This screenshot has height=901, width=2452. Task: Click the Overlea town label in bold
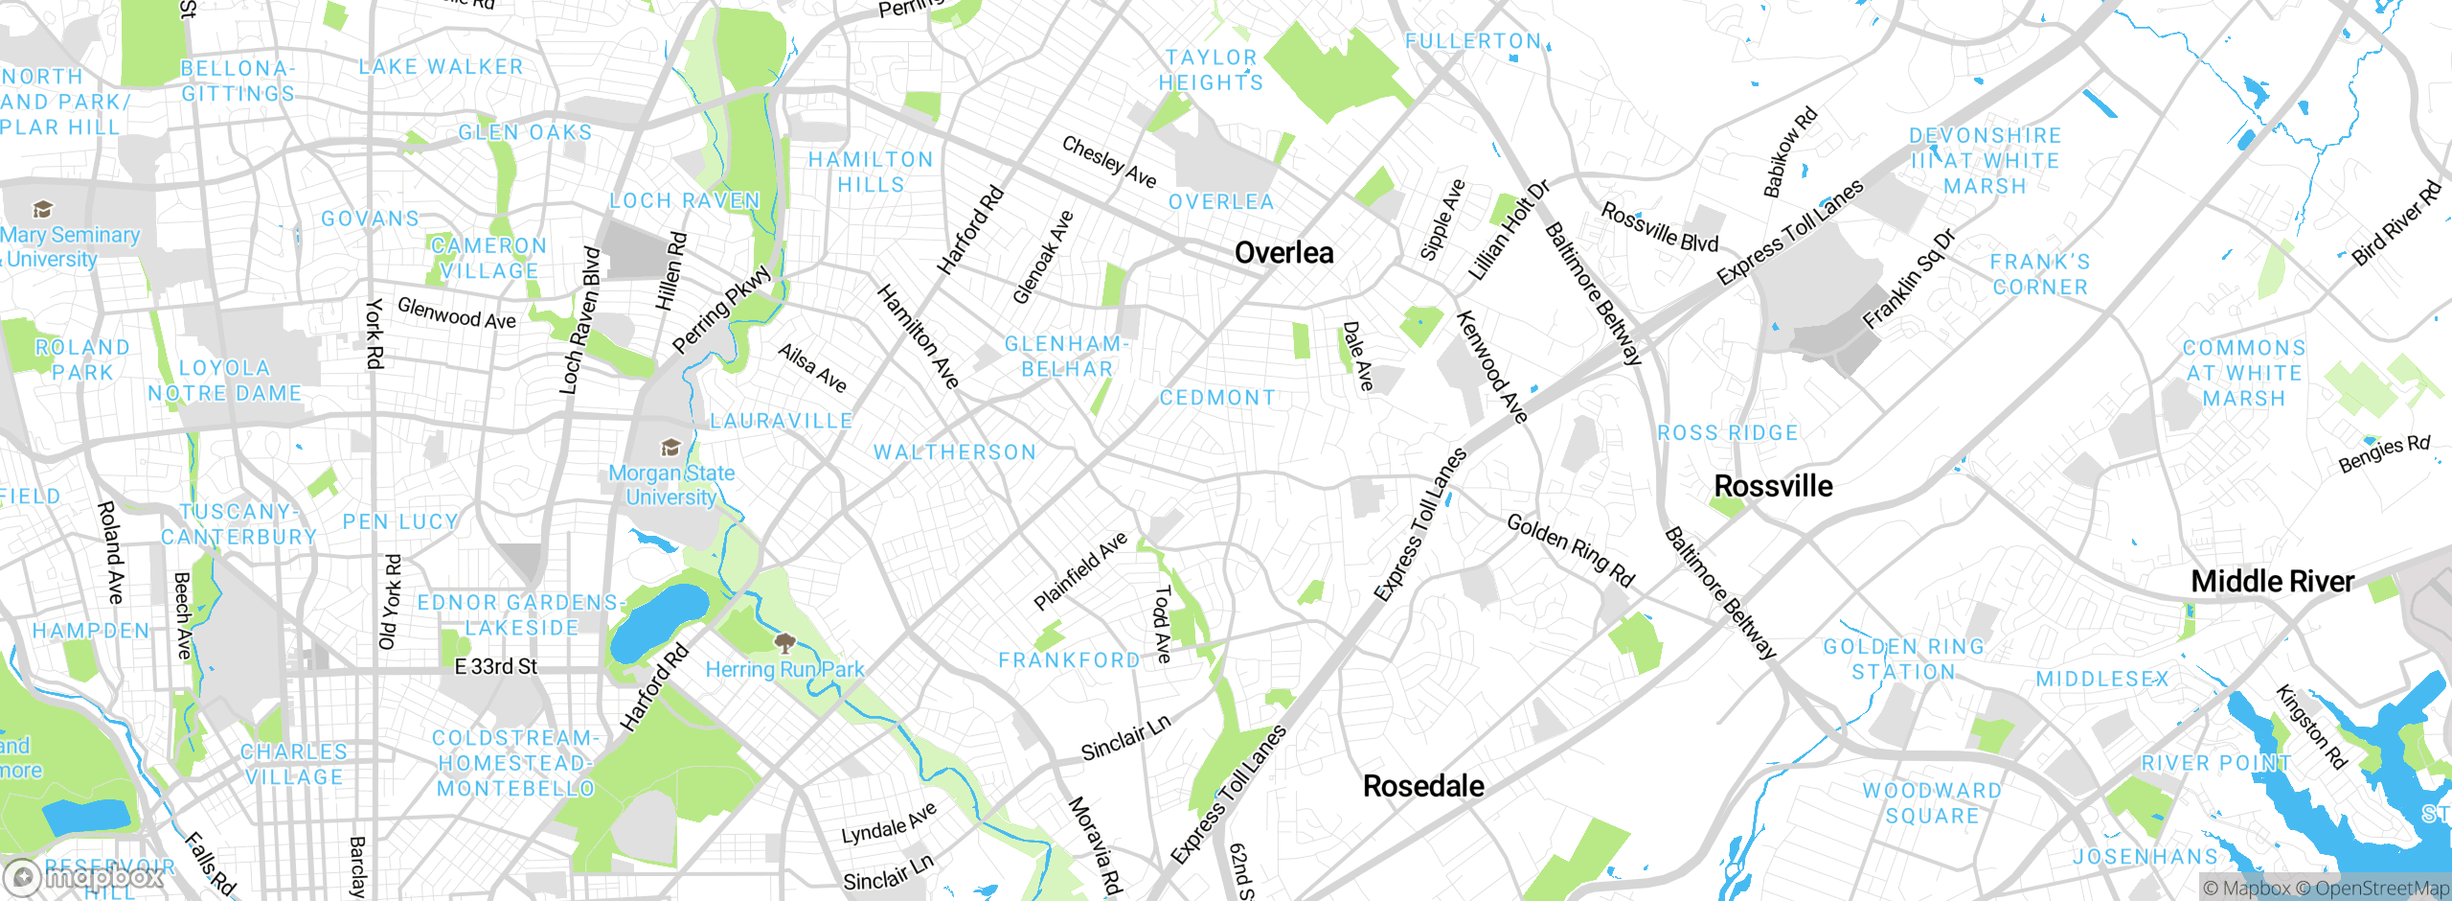pyautogui.click(x=1283, y=253)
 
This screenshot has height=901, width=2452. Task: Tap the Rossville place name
pyautogui.click(x=1773, y=486)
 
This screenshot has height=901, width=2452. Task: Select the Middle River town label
pyautogui.click(x=2272, y=581)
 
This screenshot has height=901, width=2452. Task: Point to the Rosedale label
pyautogui.click(x=1423, y=786)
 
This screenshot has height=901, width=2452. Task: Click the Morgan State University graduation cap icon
pyautogui.click(x=670, y=447)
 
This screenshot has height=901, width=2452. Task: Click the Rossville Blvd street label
pyautogui.click(x=1660, y=228)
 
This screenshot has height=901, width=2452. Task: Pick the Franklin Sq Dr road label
pyautogui.click(x=1908, y=279)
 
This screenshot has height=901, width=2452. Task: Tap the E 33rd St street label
pyautogui.click(x=495, y=666)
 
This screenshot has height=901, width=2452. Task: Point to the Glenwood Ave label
pyautogui.click(x=456, y=312)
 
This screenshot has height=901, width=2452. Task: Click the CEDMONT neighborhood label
pyautogui.click(x=1217, y=398)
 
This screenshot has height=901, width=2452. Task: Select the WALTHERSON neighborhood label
pyautogui.click(x=955, y=452)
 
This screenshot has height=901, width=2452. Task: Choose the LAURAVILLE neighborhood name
pyautogui.click(x=781, y=421)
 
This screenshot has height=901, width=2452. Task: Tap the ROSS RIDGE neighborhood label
pyautogui.click(x=1728, y=433)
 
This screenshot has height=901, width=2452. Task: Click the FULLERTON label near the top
pyautogui.click(x=1472, y=41)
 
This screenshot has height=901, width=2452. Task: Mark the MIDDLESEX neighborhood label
pyautogui.click(x=2101, y=680)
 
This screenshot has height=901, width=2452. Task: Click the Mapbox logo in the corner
pyautogui.click(x=84, y=876)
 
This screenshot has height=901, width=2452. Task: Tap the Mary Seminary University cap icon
pyautogui.click(x=42, y=209)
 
